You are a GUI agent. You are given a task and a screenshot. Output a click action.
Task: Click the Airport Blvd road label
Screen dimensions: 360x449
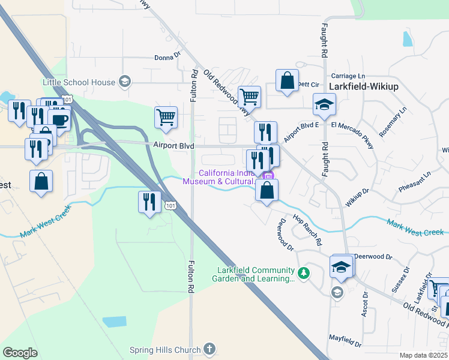pyautogui.click(x=175, y=145)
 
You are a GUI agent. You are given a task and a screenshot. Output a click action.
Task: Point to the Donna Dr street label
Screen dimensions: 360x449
pyautogui.click(x=167, y=57)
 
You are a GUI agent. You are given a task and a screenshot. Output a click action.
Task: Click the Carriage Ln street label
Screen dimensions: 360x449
pyautogui.click(x=348, y=77)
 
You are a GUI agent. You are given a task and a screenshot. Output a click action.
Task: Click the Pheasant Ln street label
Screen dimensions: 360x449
pyautogui.click(x=415, y=183)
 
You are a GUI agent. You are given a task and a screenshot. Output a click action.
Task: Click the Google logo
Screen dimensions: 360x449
pyautogui.click(x=20, y=352)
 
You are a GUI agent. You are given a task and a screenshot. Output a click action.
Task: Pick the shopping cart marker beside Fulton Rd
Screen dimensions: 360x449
pyautogui.click(x=166, y=118)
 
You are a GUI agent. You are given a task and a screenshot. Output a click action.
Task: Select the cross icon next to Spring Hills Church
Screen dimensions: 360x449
pyautogui.click(x=209, y=349)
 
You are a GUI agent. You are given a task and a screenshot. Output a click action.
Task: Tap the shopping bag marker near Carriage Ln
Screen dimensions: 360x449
pyautogui.click(x=288, y=80)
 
